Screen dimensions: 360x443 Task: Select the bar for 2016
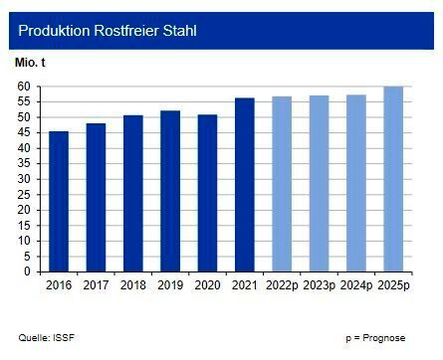(x=59, y=202)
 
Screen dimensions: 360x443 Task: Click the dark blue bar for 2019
(x=170, y=192)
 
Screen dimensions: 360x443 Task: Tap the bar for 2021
(x=245, y=186)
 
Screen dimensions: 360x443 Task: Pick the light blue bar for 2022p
(x=282, y=185)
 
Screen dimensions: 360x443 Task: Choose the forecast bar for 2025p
(x=393, y=180)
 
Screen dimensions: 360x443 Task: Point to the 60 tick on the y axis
(x=25, y=87)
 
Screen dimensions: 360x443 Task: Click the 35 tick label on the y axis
(x=25, y=163)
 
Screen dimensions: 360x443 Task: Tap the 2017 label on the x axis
(x=96, y=285)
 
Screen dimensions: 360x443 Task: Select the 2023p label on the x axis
(x=319, y=285)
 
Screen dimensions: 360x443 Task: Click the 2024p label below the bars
(x=356, y=285)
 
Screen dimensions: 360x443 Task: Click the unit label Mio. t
(x=30, y=63)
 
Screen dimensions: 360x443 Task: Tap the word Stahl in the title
(x=177, y=31)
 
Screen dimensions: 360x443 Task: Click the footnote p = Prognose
(x=376, y=338)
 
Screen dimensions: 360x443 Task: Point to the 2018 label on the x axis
(x=133, y=285)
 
